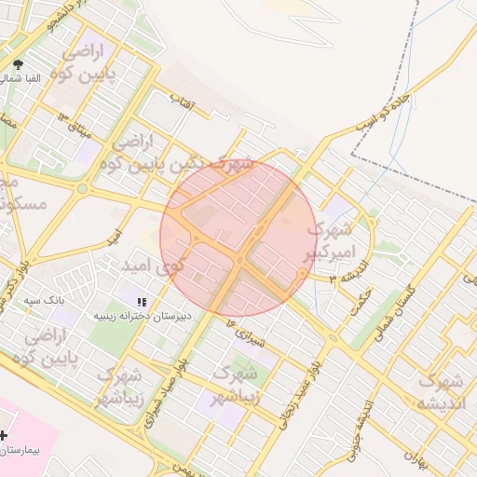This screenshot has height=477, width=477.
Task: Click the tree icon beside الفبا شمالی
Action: click(x=19, y=64)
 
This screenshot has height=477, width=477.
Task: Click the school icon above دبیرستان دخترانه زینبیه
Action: click(x=142, y=302)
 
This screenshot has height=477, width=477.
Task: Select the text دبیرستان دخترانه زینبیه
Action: click(x=141, y=317)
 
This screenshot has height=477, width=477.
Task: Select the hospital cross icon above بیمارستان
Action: click(x=5, y=435)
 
